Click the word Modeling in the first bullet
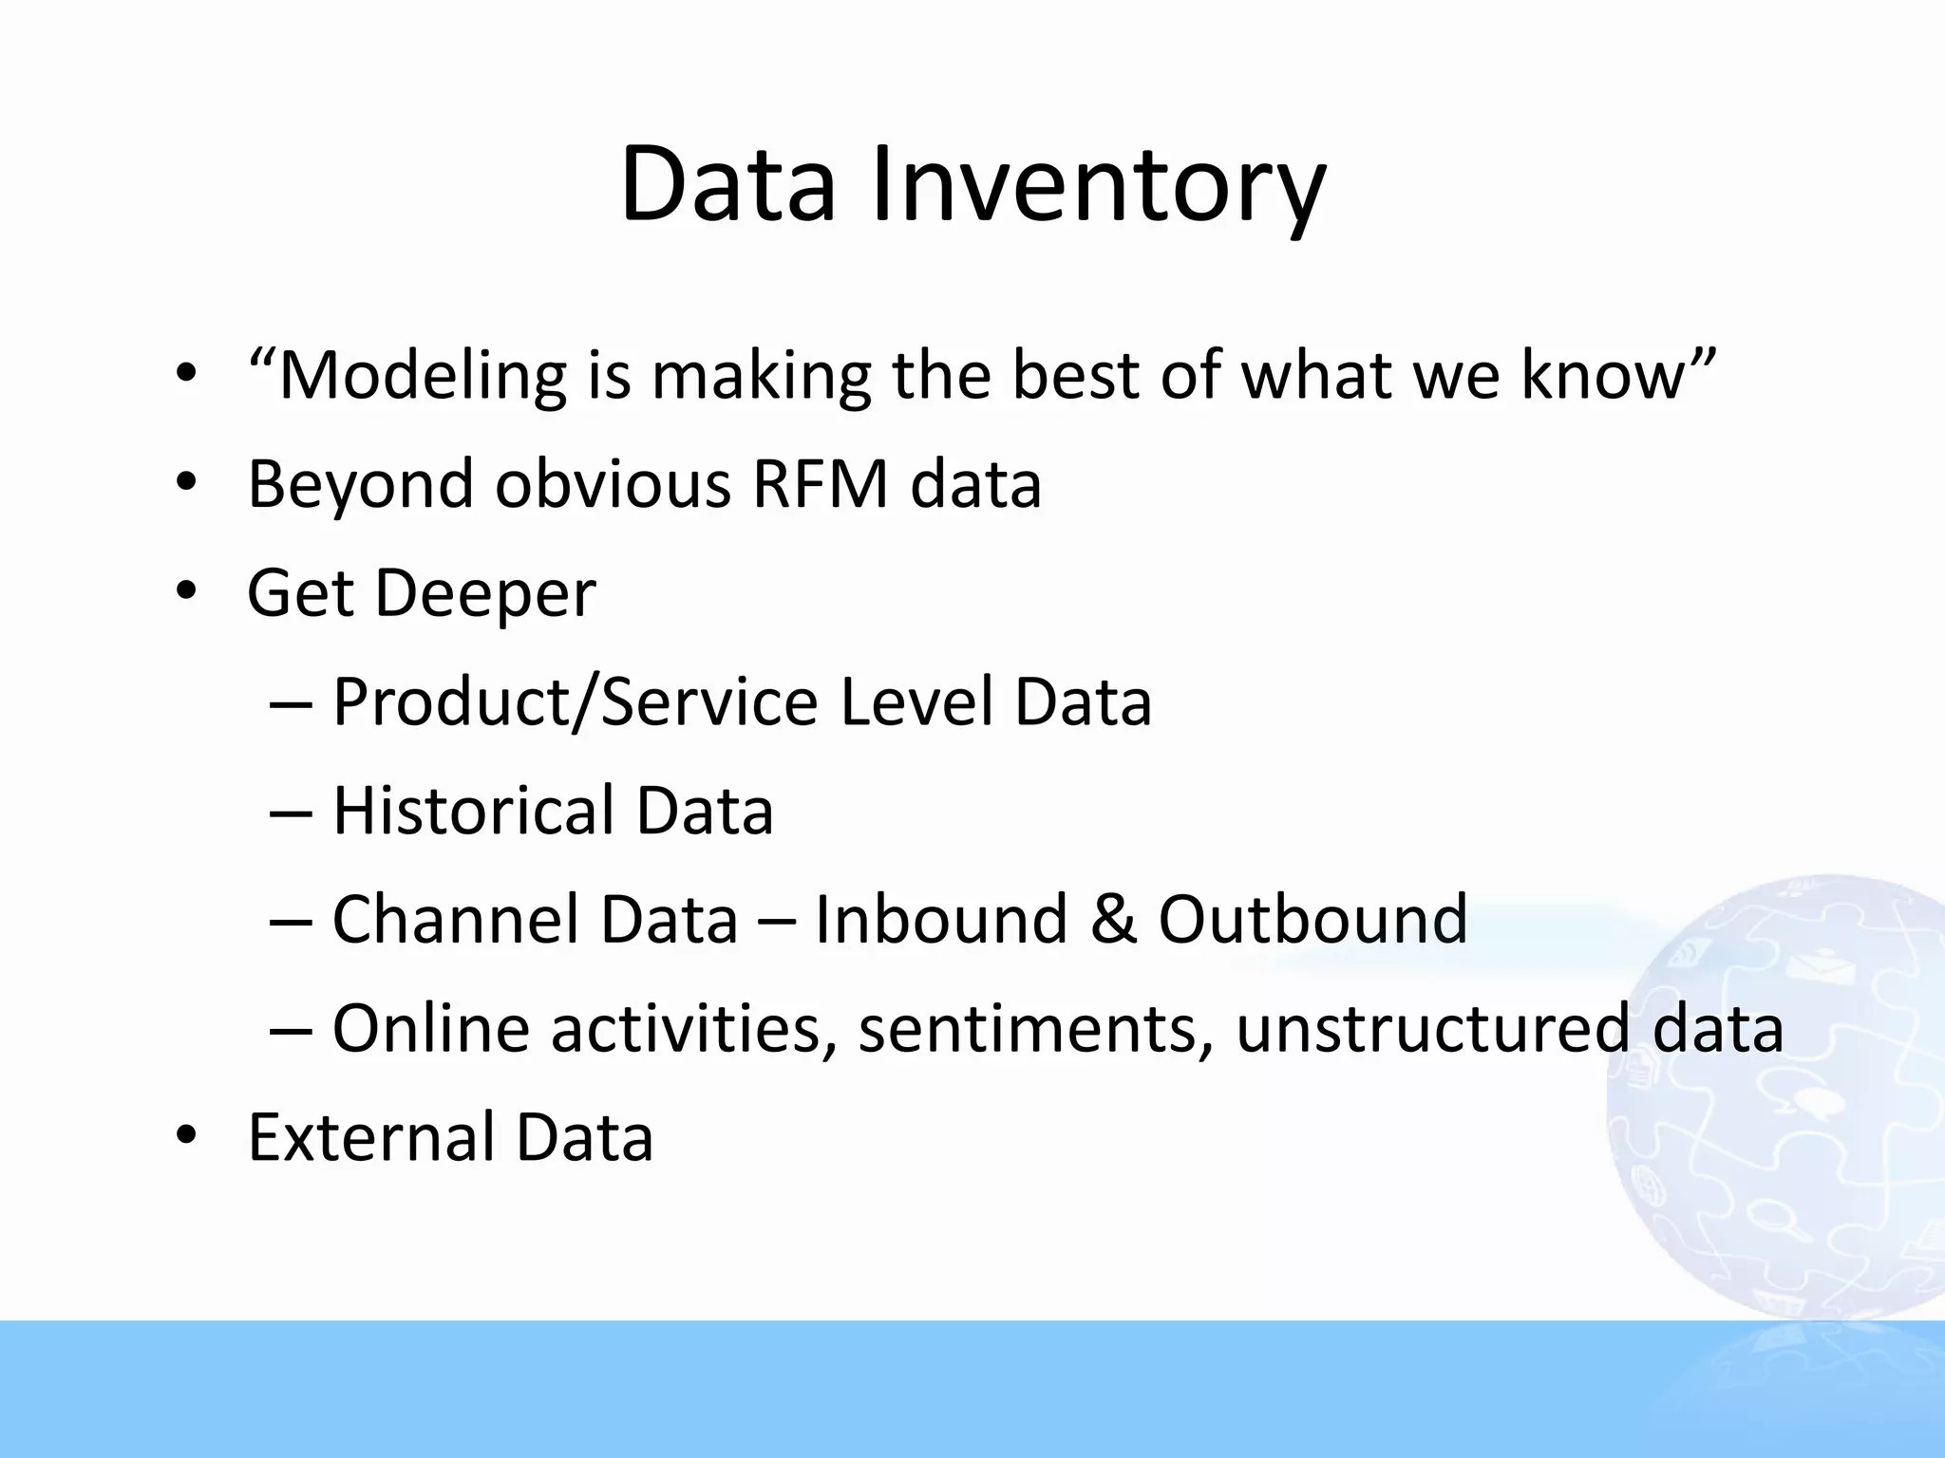pyautogui.click(x=423, y=376)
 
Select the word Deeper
pyautogui.click(x=485, y=594)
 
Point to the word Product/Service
pyautogui.click(x=575, y=702)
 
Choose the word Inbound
pyautogui.click(x=941, y=920)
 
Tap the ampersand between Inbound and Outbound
pyautogui.click(x=1113, y=920)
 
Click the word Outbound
pyautogui.click(x=1312, y=920)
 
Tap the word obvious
pyautogui.click(x=613, y=484)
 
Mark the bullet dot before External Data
pyautogui.click(x=186, y=1135)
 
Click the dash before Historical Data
pyautogui.click(x=290, y=814)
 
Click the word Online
pyautogui.click(x=430, y=1029)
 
